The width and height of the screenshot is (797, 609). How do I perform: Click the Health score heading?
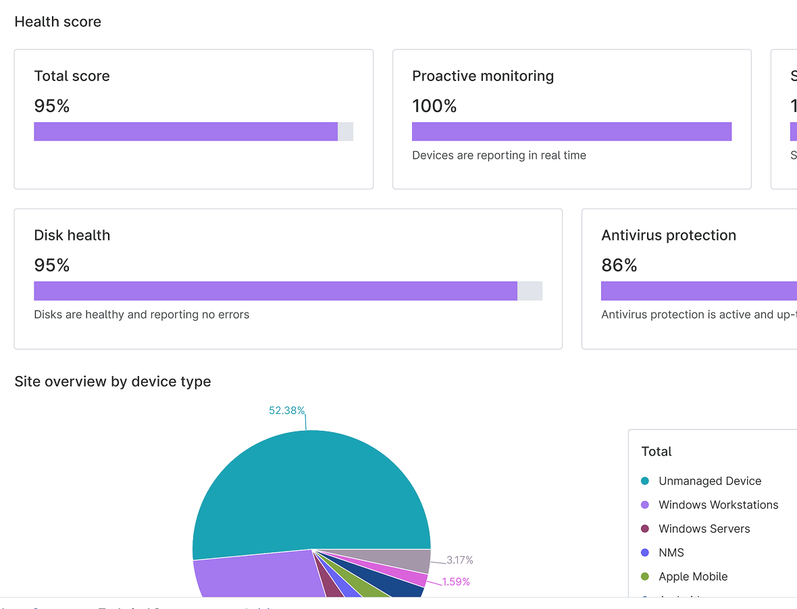click(57, 22)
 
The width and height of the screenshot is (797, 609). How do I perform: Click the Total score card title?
click(72, 76)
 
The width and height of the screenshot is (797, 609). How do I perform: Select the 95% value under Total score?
click(52, 106)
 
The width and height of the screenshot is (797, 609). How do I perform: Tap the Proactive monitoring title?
click(483, 76)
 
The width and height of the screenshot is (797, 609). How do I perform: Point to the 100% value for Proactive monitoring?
click(434, 106)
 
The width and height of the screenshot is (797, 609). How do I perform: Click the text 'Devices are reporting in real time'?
click(499, 155)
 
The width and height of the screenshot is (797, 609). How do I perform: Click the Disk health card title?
click(72, 236)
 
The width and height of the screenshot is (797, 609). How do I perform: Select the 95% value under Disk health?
click(52, 265)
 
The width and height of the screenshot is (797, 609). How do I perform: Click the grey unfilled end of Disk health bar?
click(530, 291)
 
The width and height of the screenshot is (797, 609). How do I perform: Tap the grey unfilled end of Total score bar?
click(345, 132)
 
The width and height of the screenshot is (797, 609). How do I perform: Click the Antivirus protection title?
click(669, 236)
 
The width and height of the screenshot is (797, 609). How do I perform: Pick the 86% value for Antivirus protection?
click(619, 265)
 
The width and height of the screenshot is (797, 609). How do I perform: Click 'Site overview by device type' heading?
click(113, 381)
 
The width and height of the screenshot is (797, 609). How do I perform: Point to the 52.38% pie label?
click(287, 411)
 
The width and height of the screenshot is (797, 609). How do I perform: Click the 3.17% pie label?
click(459, 560)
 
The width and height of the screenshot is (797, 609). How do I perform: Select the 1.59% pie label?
click(456, 581)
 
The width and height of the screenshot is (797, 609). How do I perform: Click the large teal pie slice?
click(311, 493)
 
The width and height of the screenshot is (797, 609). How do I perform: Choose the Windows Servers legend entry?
click(704, 529)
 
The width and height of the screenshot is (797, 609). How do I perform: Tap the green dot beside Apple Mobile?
click(644, 577)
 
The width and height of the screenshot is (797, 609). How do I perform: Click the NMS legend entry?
click(671, 552)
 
